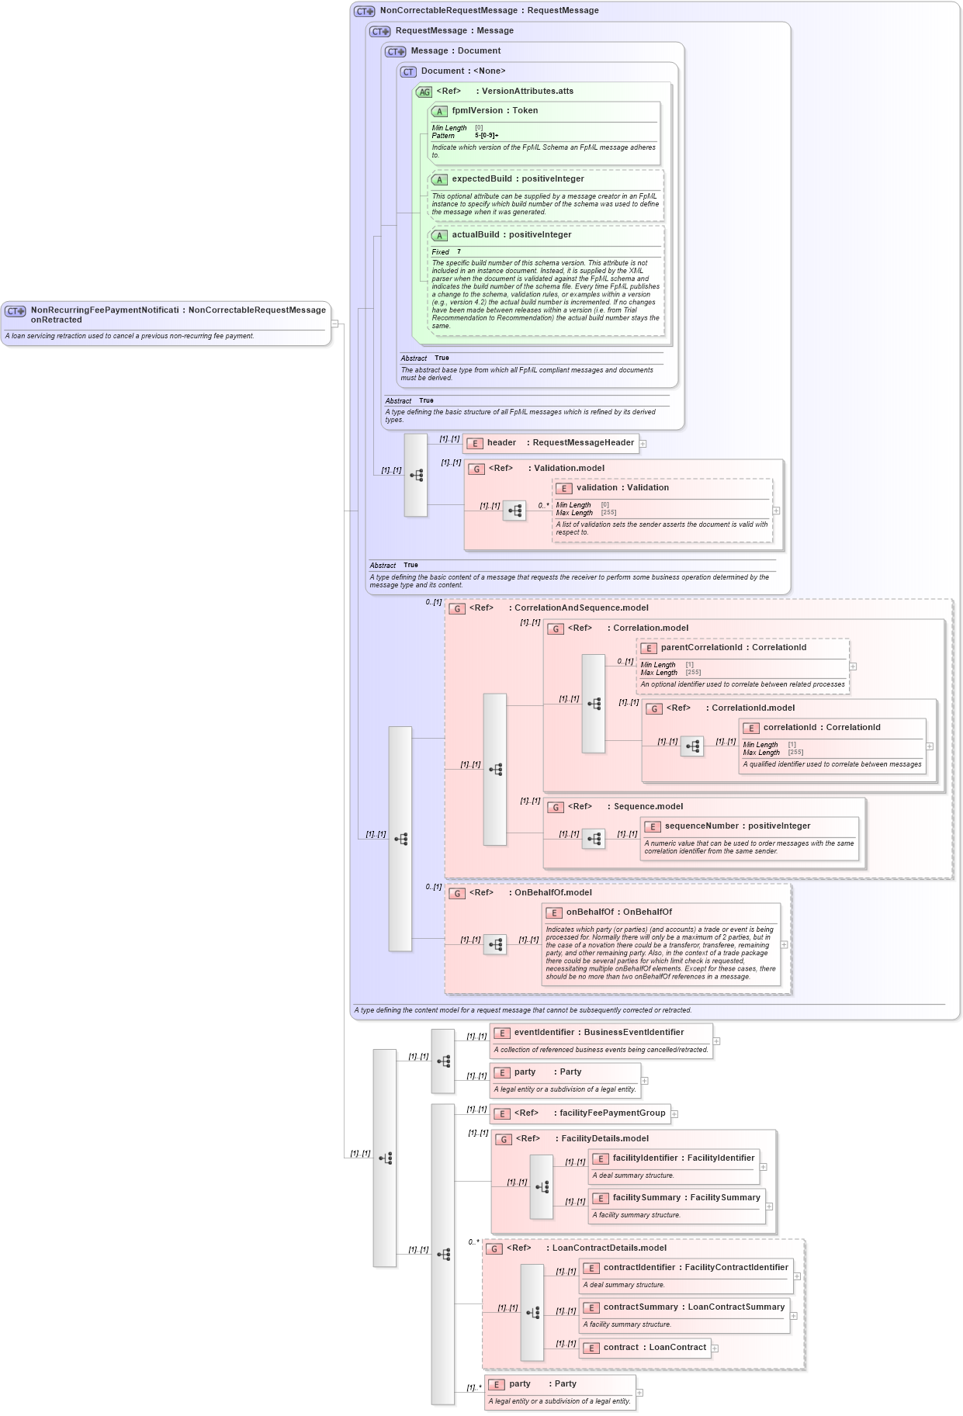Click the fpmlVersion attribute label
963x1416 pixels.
coord(494,111)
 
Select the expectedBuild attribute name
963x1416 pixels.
coord(518,179)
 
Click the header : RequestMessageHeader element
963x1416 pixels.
coord(559,443)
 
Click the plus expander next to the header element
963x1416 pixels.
coord(643,444)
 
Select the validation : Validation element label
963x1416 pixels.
coord(622,488)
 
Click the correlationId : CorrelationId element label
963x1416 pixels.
coord(821,728)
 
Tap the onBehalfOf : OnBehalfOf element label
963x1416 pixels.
coord(618,912)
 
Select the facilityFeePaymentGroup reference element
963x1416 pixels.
coord(589,1113)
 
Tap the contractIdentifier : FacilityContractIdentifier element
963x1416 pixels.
coord(695,1268)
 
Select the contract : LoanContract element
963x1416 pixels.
coord(654,1348)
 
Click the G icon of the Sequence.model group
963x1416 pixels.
coord(555,808)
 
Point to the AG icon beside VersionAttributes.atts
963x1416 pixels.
coord(424,92)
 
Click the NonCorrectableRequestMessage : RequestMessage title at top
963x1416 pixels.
coord(489,11)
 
